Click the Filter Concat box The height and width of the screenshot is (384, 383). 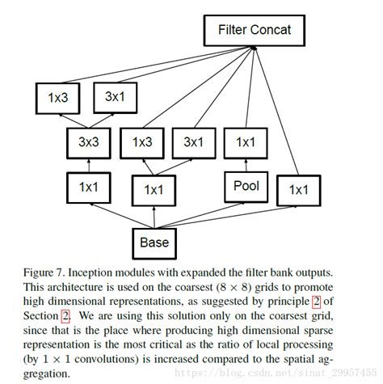coord(255,32)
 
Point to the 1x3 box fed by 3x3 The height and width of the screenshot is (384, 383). coord(57,97)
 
